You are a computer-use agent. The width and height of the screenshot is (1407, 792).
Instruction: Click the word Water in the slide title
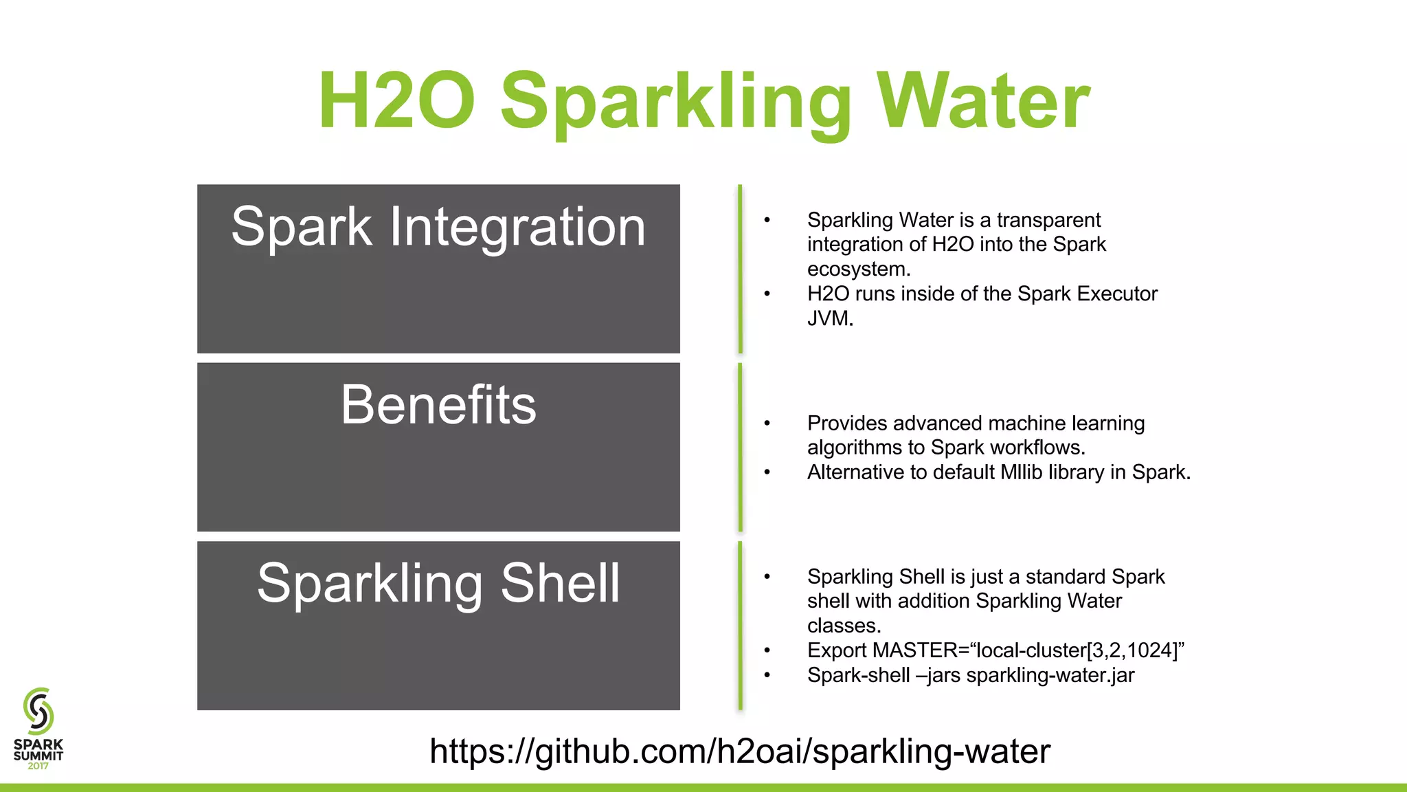[984, 101]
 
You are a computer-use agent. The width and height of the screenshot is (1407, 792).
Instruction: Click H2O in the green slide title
[396, 101]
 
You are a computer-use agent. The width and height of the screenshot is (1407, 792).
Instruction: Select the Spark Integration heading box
[438, 269]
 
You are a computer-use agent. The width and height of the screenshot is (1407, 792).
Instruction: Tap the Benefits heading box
[438, 447]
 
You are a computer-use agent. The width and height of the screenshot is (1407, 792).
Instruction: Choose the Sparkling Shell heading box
[438, 626]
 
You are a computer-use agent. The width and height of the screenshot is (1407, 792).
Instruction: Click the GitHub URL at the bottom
[740, 751]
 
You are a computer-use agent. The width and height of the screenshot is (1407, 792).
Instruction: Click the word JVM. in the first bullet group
[830, 318]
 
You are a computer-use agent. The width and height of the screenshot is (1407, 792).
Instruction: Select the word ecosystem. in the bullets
[859, 269]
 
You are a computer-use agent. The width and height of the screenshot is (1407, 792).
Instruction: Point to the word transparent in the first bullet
[1048, 220]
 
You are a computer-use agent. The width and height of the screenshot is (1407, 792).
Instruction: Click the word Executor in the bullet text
[1117, 294]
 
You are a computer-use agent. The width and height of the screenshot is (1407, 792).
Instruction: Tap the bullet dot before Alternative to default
[767, 472]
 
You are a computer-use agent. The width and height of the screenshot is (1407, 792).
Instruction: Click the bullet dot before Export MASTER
[767, 650]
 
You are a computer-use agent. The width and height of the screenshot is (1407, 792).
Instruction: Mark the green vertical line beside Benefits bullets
[740, 447]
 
